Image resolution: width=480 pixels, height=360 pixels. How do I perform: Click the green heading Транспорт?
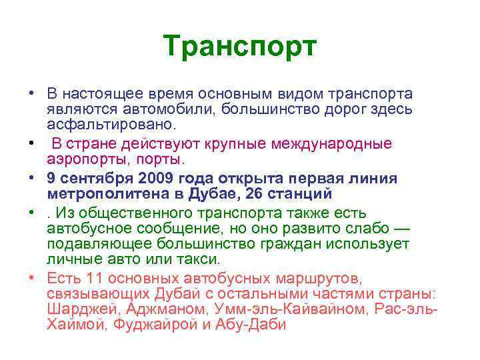tap(240, 47)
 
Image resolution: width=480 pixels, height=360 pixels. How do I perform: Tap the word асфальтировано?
tap(111, 125)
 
